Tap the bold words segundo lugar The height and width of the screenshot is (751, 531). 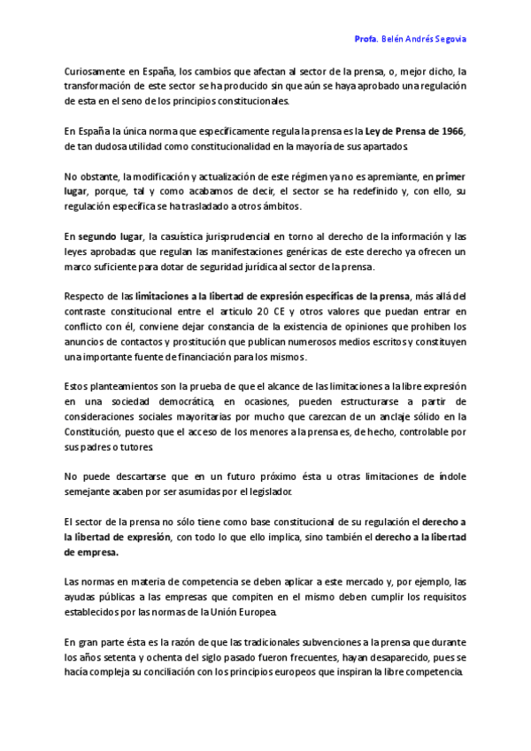[111, 236]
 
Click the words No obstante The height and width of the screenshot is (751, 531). [93, 176]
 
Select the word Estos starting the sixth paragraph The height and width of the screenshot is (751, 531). [78, 387]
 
